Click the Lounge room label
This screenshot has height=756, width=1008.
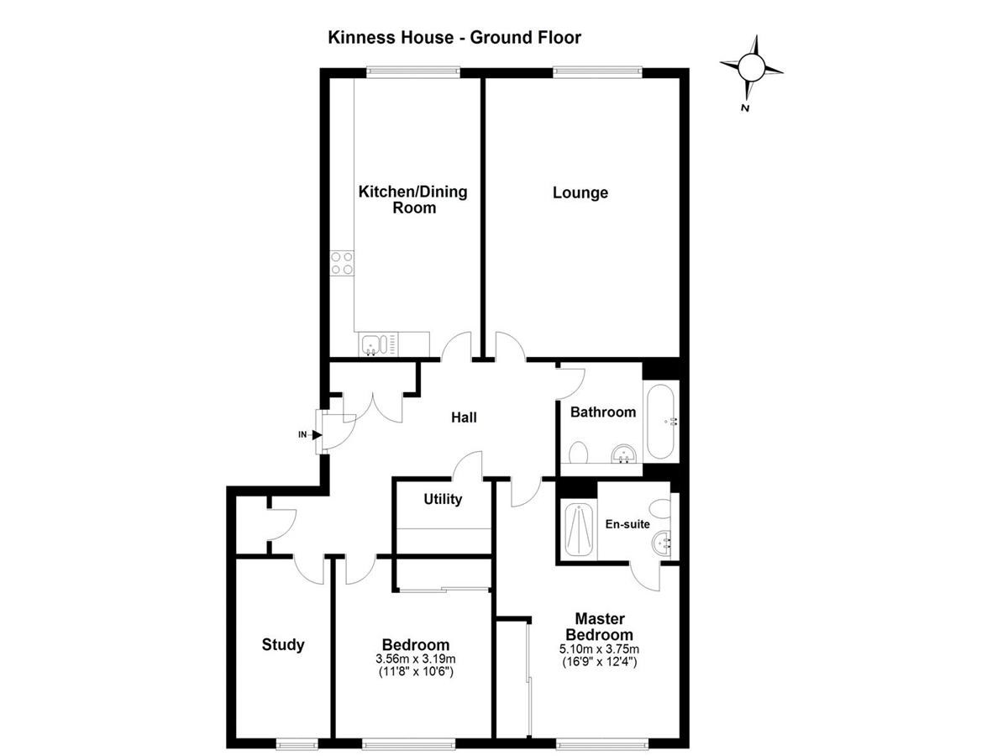(x=580, y=192)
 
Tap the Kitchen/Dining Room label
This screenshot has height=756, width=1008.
(x=412, y=199)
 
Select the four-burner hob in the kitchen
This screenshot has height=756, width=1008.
(x=342, y=263)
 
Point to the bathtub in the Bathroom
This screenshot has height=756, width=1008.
(x=660, y=421)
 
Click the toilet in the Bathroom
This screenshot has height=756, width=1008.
(x=578, y=452)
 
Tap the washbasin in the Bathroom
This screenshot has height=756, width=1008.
(x=624, y=454)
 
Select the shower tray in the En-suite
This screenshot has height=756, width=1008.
(x=579, y=530)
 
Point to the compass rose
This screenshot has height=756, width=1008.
(x=751, y=67)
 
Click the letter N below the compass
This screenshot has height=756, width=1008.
(x=745, y=108)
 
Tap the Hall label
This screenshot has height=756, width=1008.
(x=464, y=417)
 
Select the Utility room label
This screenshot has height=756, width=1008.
(x=443, y=499)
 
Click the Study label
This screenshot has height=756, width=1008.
(x=283, y=644)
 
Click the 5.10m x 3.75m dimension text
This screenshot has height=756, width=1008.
(x=599, y=649)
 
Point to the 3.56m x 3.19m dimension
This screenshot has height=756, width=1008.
(x=416, y=659)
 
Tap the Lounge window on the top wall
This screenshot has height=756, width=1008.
(x=597, y=71)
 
